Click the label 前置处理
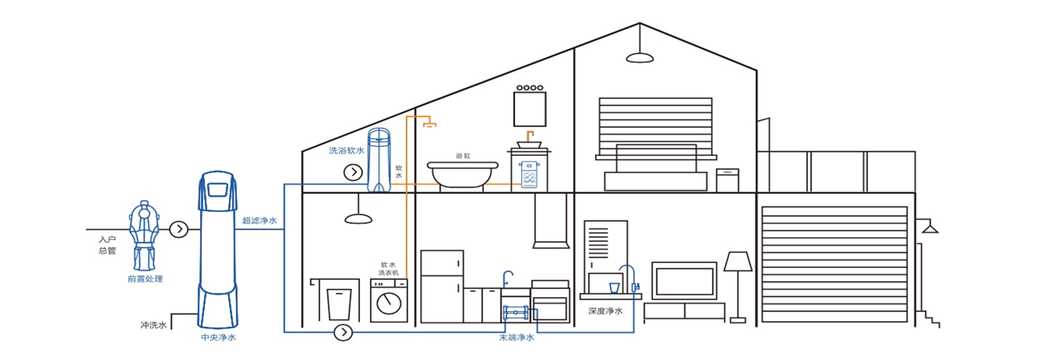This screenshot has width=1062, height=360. tap(145, 279)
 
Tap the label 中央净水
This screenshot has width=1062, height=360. tap(218, 338)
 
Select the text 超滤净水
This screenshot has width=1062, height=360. tap(260, 221)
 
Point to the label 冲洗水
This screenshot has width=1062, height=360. tap(153, 325)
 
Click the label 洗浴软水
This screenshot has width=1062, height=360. tap(346, 151)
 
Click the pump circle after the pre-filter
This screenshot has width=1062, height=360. tap(178, 229)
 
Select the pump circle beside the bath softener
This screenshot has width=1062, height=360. tap(353, 172)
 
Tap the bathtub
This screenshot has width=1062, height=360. tap(462, 173)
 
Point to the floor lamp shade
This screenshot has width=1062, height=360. tap(737, 262)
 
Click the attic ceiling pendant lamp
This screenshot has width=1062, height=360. tap(639, 56)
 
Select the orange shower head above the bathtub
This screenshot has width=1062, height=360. tap(429, 125)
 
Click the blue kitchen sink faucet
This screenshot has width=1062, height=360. tap(508, 277)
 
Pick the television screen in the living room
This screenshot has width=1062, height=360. tap(684, 280)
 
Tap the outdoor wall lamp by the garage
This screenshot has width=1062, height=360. tap(930, 226)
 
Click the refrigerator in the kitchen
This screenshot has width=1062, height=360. tap(441, 286)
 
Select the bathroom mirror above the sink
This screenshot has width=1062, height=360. tap(529, 108)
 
